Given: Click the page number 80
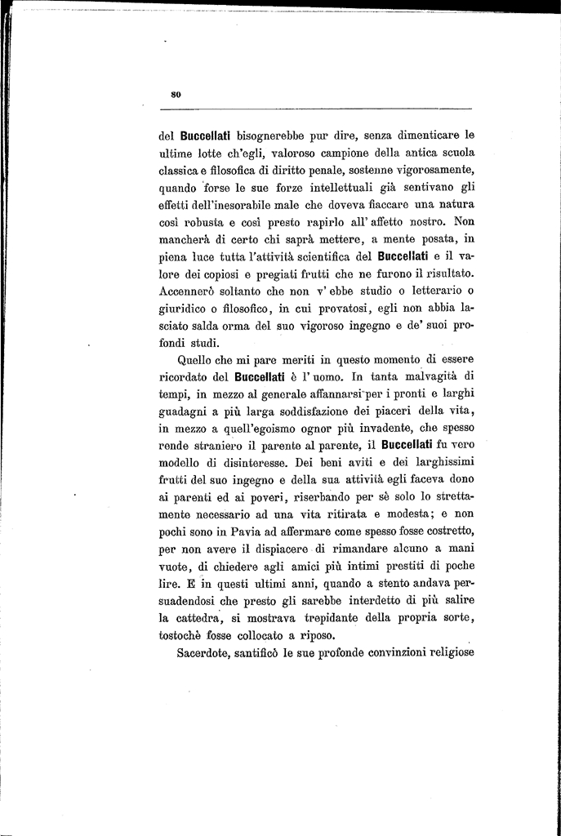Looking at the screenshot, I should [x=175, y=95].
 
